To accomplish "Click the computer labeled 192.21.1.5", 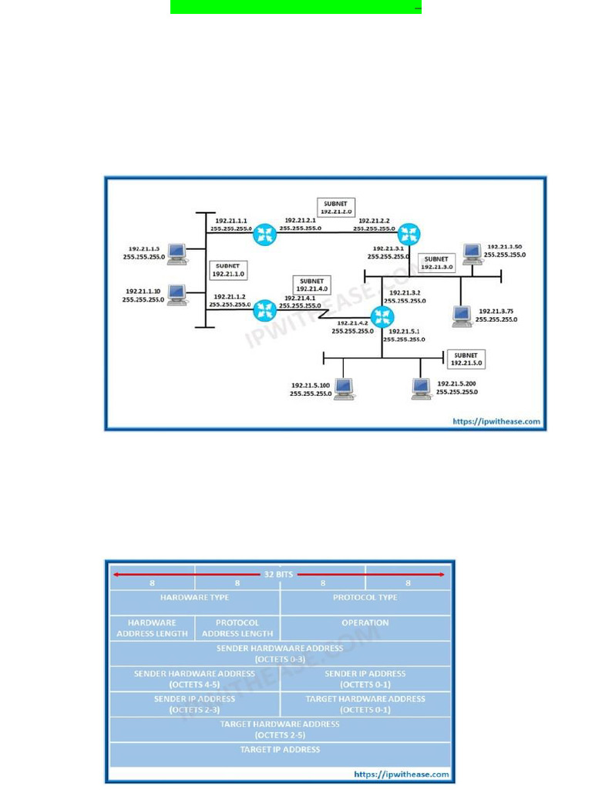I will tap(177, 252).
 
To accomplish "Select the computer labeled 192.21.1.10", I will tap(177, 295).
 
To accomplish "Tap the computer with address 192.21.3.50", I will tap(472, 253).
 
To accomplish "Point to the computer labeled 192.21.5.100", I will tap(344, 388).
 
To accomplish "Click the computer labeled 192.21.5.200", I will tap(421, 388).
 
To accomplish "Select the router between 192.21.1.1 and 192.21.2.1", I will tap(265, 234).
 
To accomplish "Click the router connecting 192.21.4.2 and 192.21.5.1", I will tap(382, 316).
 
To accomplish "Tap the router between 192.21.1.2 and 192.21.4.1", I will tap(265, 309).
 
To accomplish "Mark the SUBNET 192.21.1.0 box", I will tap(228, 269).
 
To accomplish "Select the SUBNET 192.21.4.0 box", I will tap(311, 285).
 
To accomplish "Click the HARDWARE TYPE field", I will tap(194, 598).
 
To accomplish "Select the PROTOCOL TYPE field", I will tap(365, 598).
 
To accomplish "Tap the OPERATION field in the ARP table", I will tap(365, 623).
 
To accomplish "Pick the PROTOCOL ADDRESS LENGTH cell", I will tap(237, 628).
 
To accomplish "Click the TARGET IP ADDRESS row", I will tap(280, 750).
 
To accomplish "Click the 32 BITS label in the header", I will tap(280, 574).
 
